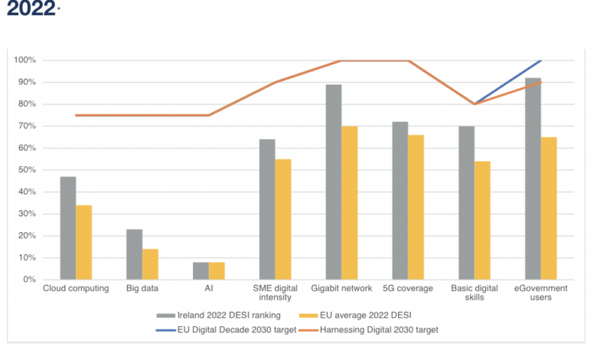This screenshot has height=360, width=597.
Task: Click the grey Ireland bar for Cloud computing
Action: coord(68,228)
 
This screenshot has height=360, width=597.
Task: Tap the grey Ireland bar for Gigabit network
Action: coord(333,182)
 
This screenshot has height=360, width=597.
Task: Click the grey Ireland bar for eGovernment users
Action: coord(533,178)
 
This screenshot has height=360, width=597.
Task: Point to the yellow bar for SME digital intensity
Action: coord(283,219)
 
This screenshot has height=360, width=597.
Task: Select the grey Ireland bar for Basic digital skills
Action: coord(466,203)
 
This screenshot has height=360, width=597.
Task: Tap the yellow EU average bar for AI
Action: coord(217,271)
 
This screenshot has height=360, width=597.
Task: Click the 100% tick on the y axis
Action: coord(38,61)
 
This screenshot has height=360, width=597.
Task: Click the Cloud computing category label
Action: coord(76,289)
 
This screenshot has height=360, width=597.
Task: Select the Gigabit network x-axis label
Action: coord(341,289)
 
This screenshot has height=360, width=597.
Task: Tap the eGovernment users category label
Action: coord(541,293)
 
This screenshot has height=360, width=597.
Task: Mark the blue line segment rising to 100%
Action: coord(509,81)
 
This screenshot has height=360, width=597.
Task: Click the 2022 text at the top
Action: coord(31,9)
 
